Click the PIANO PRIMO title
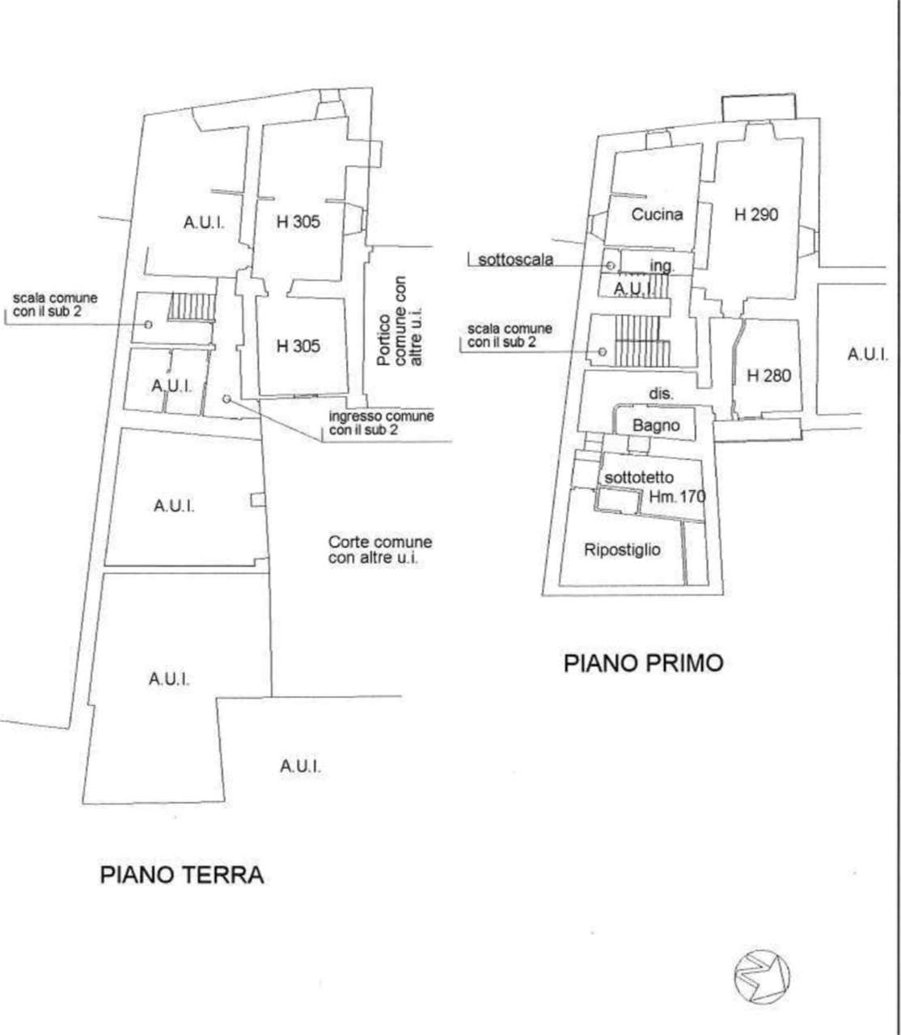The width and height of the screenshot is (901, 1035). click(x=644, y=664)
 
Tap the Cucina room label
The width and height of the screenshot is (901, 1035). click(x=657, y=214)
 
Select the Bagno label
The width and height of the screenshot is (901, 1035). click(x=656, y=425)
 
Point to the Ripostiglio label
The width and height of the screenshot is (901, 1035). click(x=622, y=550)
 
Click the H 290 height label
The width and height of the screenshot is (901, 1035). click(x=755, y=214)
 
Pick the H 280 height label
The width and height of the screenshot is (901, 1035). click(x=769, y=375)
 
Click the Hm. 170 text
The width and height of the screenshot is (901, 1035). click(x=677, y=496)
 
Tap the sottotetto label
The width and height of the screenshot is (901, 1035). click(x=639, y=478)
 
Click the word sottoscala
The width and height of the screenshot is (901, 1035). click(x=515, y=260)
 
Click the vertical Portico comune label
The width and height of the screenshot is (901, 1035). click(x=400, y=321)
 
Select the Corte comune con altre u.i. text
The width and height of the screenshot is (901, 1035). click(x=380, y=550)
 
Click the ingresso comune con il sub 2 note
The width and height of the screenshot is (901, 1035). click(x=382, y=423)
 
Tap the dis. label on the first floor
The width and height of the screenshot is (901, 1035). click(x=661, y=394)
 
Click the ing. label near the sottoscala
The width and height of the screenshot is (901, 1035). click(x=662, y=265)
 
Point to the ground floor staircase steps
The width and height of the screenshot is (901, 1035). click(x=192, y=306)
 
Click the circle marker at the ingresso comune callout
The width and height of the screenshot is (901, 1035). click(x=226, y=399)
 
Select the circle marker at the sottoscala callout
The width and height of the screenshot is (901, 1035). click(x=611, y=265)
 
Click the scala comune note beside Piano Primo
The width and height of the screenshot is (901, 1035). click(x=510, y=336)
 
